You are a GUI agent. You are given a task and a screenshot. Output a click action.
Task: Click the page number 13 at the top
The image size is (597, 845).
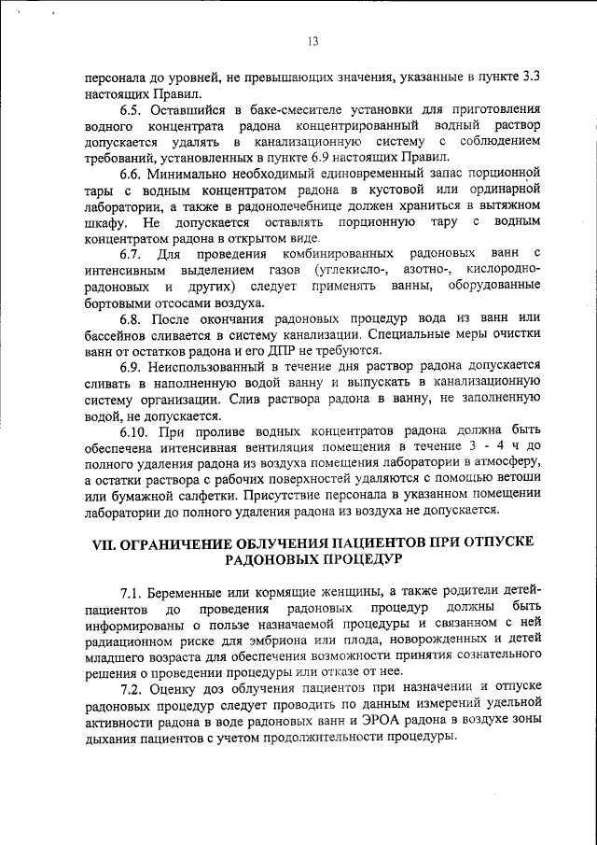tap(312, 40)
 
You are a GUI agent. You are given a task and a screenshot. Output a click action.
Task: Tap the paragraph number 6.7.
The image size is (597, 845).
tap(133, 254)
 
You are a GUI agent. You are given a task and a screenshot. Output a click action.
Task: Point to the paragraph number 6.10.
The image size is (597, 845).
tap(138, 432)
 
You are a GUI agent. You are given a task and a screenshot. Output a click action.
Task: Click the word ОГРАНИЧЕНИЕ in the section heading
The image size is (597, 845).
tap(181, 542)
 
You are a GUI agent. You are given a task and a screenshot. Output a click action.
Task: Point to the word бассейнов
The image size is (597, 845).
tap(111, 334)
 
